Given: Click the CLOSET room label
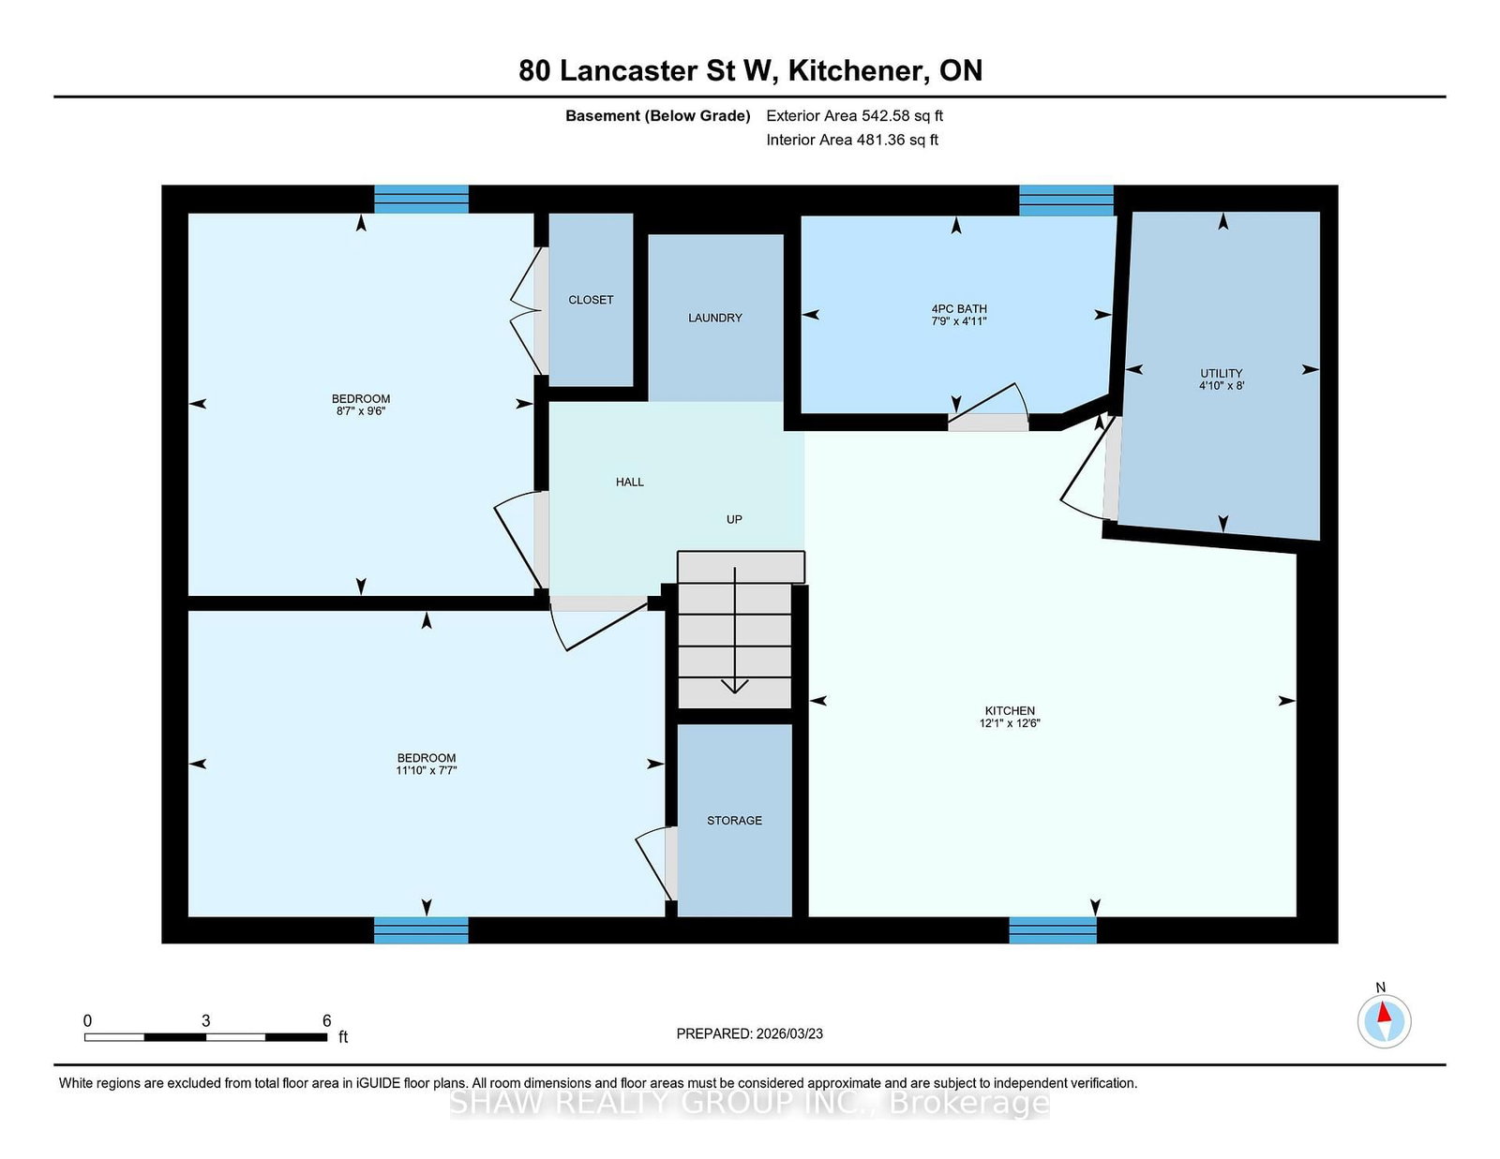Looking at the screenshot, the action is click(x=591, y=300).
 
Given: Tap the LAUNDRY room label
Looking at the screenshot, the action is click(x=714, y=318).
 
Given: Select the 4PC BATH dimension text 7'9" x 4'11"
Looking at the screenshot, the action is click(x=959, y=320).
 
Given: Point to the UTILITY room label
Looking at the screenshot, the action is click(x=1222, y=373).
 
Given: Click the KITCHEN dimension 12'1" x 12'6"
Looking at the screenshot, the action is click(x=1009, y=723).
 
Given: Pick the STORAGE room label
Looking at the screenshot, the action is click(x=734, y=820).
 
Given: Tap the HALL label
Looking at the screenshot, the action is click(x=630, y=483).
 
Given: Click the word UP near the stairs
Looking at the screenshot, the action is click(x=734, y=519).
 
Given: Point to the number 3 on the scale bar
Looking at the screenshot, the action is click(x=205, y=1020).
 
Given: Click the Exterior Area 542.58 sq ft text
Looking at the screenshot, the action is click(x=854, y=116).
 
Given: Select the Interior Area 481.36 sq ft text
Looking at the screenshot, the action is click(x=852, y=140).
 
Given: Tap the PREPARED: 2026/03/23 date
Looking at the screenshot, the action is click(x=750, y=1033).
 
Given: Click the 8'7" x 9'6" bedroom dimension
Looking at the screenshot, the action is click(x=360, y=410).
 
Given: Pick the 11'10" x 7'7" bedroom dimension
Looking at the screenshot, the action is click(x=426, y=770).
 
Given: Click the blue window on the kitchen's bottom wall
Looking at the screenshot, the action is click(x=1053, y=930).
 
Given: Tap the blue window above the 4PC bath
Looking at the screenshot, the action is click(x=1067, y=201).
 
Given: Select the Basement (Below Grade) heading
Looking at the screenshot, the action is click(x=658, y=116).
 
